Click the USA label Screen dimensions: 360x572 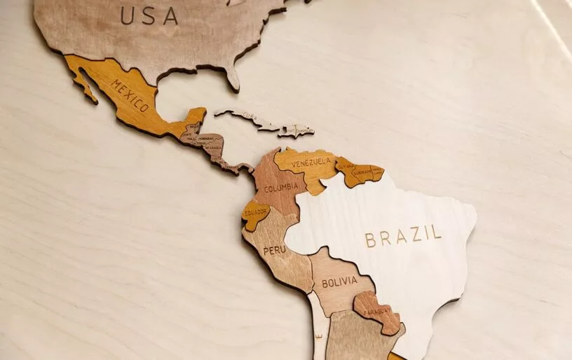pos(149,15)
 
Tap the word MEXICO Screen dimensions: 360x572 pos(130,96)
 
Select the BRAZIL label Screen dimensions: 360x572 pos(403,237)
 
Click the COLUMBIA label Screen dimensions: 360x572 pos(281,187)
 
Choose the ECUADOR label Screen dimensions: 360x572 pos(256,212)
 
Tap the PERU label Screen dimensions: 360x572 pos(274,250)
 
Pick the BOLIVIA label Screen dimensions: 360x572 pos(339,282)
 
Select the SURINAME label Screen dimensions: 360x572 pos(362,172)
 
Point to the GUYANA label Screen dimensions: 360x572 pos(346,165)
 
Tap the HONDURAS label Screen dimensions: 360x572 pos(205,139)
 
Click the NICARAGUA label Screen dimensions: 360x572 pos(210,148)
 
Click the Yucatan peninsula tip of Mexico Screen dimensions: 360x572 pos(197,113)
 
